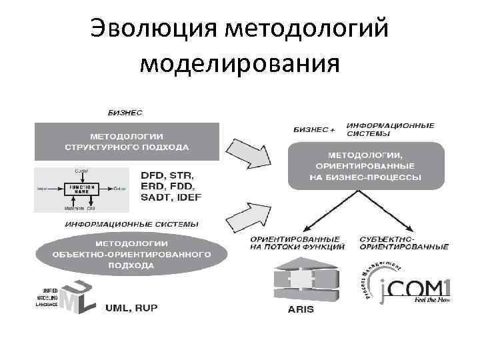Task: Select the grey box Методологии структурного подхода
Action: coord(127,141)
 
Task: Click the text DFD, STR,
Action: coord(170,175)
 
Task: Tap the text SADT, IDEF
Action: coord(171,198)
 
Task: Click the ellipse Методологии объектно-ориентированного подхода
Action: coord(131,254)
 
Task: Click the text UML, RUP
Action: coord(134,309)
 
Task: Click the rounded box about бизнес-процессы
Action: coord(365,166)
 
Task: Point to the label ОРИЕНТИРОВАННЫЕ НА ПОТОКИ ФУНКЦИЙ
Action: coord(296,243)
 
